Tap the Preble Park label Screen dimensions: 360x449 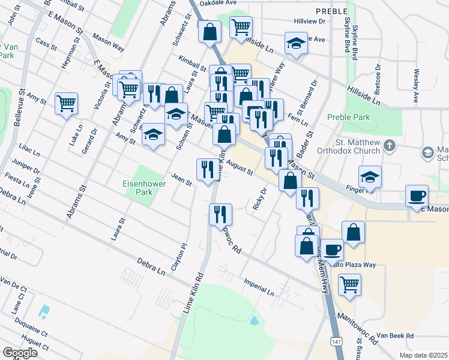click(349, 118)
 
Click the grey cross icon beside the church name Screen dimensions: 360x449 click(389, 146)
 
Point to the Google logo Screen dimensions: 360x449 click(20, 353)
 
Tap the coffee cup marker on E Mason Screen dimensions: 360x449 click(417, 195)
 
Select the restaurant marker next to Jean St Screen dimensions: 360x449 click(206, 169)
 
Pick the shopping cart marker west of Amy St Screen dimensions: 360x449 click(66, 103)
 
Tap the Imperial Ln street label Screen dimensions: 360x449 click(259, 286)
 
